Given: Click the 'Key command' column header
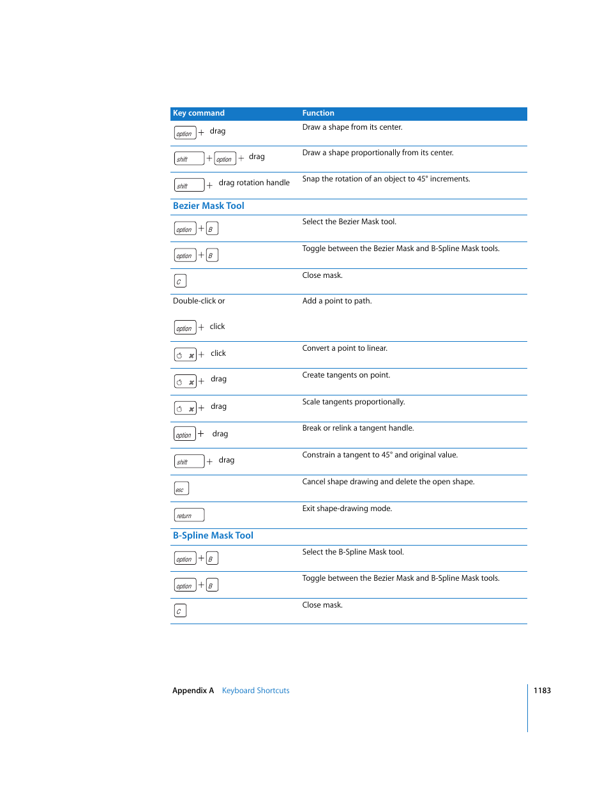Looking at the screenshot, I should (x=199, y=113).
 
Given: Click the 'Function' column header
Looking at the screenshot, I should (x=318, y=113).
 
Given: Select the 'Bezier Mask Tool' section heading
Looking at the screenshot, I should (x=208, y=206).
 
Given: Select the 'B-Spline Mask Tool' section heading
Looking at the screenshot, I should (x=213, y=535).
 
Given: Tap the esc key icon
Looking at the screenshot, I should (x=181, y=489).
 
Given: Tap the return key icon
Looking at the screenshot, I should (x=189, y=515).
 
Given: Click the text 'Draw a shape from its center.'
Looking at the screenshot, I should (x=352, y=127).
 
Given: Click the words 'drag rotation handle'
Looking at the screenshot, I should (x=254, y=183).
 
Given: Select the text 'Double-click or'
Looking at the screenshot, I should (x=199, y=301).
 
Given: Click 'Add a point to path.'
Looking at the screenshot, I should (x=336, y=301).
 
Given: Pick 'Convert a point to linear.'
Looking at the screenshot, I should (x=345, y=348).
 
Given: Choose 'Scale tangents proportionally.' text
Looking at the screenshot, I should (x=353, y=402).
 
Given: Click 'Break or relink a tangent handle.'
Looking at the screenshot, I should (x=357, y=428).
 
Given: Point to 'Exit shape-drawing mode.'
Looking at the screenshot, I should (x=347, y=509).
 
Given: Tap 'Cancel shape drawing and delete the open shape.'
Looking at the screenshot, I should (x=388, y=482).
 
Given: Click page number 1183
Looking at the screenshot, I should (x=542, y=691).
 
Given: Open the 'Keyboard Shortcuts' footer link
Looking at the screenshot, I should (x=255, y=691).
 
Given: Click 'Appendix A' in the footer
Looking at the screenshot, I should (x=193, y=691).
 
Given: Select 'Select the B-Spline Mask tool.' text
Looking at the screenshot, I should (x=352, y=552).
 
